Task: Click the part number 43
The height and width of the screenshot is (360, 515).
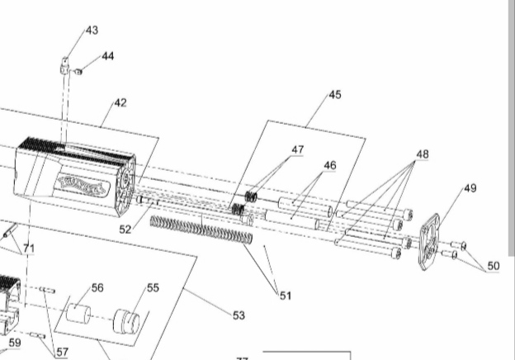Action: tap(91, 31)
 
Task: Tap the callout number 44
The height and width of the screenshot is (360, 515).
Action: tap(108, 56)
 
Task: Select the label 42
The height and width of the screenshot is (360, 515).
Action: tap(120, 103)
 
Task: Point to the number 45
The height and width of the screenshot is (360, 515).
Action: tap(334, 95)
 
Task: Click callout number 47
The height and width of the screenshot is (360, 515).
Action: tap(297, 150)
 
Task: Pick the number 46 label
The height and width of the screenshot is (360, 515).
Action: tap(329, 166)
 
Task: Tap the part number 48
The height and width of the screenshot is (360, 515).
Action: tap(422, 154)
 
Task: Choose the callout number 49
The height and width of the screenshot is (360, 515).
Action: tap(470, 188)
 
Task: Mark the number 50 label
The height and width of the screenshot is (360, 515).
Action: tap(494, 266)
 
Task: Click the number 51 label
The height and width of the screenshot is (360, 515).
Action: tap(284, 295)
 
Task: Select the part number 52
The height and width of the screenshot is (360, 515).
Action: tap(125, 229)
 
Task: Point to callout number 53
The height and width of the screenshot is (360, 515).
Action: tap(239, 315)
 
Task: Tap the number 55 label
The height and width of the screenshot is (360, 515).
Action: tap(153, 287)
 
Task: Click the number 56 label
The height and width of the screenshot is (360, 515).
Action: tap(97, 287)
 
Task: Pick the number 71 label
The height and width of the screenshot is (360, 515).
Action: tap(29, 248)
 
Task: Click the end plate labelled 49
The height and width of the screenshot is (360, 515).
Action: tap(430, 240)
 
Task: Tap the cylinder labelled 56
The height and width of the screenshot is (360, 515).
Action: tap(81, 315)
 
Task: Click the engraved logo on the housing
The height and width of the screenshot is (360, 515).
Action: tap(82, 185)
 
